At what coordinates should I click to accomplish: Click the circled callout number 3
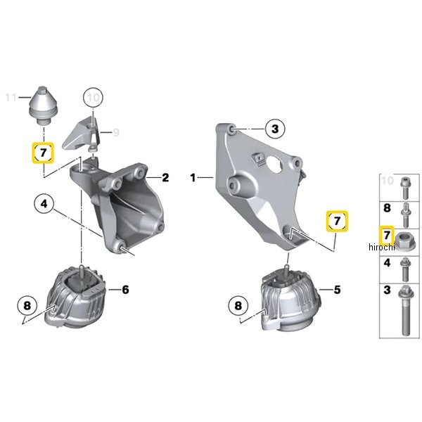tap(275, 129)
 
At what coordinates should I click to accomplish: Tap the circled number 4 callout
tap(44, 203)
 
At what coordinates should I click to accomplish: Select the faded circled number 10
tap(93, 98)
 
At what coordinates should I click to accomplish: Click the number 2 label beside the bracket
tap(165, 178)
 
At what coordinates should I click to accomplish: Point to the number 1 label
tap(193, 178)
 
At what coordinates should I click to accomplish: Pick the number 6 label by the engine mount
tap(125, 290)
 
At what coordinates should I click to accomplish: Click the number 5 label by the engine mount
tap(337, 290)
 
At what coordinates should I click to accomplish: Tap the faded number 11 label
tap(11, 97)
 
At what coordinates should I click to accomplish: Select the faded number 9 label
tap(116, 132)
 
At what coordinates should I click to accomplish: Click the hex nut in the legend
tap(405, 241)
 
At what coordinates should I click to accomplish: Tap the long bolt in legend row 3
tap(405, 311)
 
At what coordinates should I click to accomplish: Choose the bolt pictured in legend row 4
tap(405, 269)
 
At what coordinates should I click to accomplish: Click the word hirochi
tap(381, 247)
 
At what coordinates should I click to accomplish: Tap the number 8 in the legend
tap(387, 208)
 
